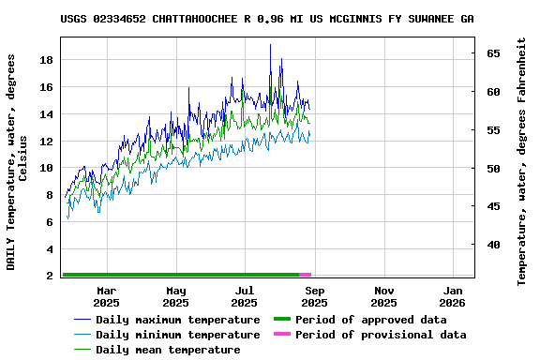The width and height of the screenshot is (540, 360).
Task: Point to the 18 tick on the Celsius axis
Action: (46, 60)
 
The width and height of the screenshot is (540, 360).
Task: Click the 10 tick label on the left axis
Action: (46, 169)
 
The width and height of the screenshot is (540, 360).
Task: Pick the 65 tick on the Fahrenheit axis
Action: (492, 53)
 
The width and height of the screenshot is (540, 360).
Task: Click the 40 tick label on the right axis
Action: (492, 246)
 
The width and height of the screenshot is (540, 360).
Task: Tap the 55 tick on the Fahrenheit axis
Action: (492, 130)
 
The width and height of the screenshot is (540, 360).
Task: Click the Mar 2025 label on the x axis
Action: (106, 297)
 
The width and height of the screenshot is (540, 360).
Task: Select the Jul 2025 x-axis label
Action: (245, 297)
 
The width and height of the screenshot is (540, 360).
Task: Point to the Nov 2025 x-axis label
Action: (383, 297)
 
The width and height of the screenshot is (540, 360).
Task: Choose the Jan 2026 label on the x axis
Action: (453, 297)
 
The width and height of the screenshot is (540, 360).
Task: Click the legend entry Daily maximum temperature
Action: (177, 320)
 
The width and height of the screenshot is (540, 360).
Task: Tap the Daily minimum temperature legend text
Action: (177, 335)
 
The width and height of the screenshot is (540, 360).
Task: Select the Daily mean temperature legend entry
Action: (168, 350)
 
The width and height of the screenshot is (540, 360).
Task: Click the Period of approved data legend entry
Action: (370, 320)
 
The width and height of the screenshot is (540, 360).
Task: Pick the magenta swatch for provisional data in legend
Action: (281, 335)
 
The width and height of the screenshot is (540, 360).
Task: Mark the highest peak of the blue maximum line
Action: (270, 45)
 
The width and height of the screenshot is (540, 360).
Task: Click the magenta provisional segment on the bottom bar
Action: (306, 275)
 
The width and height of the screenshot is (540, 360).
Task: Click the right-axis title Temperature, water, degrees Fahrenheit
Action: (522, 161)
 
